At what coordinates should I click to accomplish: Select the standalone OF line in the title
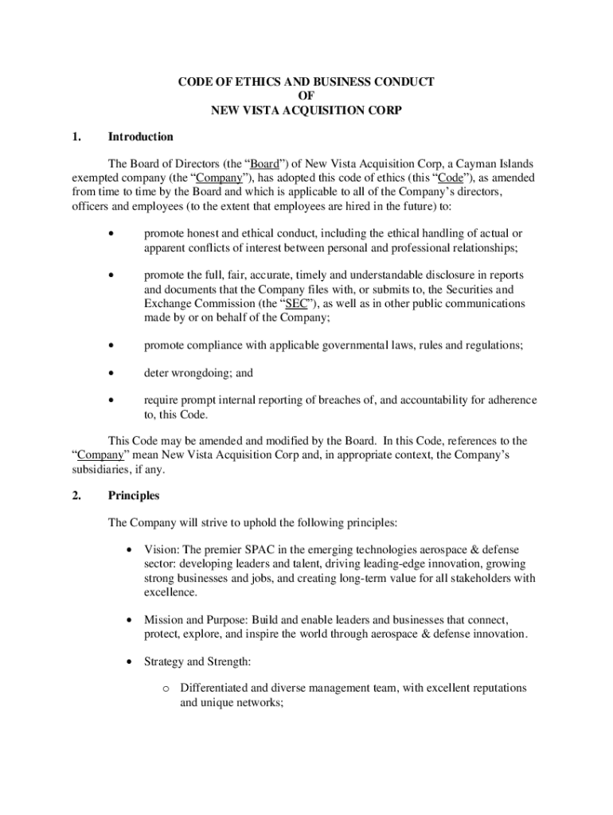306,96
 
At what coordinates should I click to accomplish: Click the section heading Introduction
140,137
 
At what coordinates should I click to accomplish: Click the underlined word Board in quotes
264,164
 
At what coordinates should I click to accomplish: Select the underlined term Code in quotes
451,177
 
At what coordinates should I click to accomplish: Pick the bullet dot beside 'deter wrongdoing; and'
112,372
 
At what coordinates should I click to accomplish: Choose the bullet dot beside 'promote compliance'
112,345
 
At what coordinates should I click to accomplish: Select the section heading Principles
134,496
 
